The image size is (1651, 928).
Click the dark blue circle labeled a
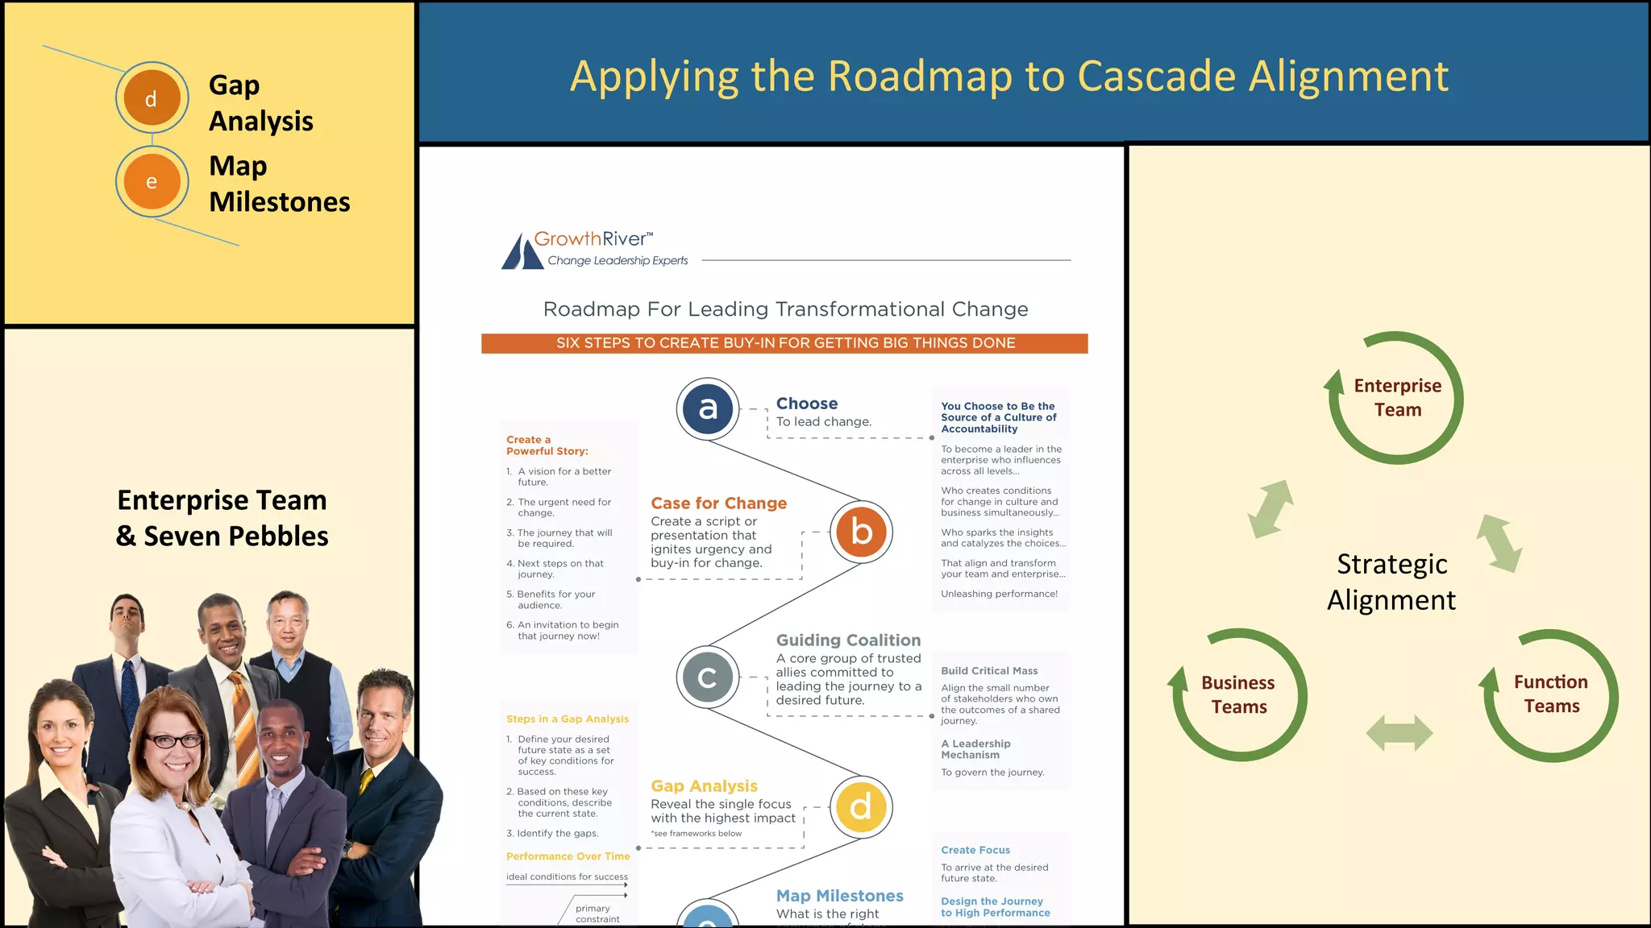click(x=707, y=408)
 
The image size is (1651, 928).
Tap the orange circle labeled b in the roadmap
click(x=861, y=532)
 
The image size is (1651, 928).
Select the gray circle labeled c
click(x=707, y=677)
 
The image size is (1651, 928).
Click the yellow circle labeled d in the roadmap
click(x=861, y=806)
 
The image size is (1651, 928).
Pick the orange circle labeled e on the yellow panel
click(x=152, y=182)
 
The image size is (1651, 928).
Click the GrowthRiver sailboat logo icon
click(x=522, y=251)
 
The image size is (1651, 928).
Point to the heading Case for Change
click(x=718, y=503)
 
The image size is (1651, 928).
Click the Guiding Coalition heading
click(x=848, y=640)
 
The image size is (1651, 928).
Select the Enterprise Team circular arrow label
click(x=1397, y=398)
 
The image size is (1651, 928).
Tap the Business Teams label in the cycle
click(x=1238, y=694)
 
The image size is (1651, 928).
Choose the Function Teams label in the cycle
click(x=1550, y=694)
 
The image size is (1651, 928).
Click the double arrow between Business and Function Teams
click(x=1399, y=733)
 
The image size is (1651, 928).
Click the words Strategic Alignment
click(x=1391, y=582)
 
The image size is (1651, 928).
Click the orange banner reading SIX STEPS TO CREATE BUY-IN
click(x=784, y=343)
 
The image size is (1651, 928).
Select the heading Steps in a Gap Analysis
click(x=567, y=719)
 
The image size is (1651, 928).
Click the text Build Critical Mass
click(x=989, y=671)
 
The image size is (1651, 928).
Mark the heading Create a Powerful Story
click(x=547, y=445)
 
